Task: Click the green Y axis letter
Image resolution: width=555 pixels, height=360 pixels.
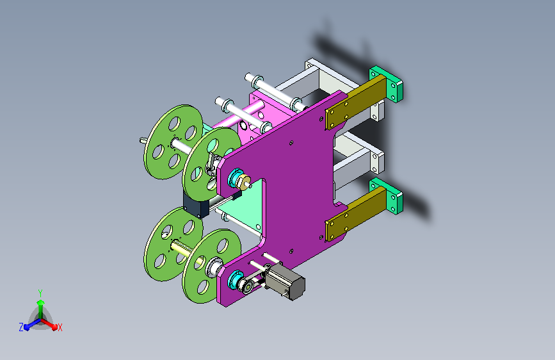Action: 40,293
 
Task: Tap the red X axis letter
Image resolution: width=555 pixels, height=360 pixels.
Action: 60,327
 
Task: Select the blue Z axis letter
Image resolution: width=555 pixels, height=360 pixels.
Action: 21,327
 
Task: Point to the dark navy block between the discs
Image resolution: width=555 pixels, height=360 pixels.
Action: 195,206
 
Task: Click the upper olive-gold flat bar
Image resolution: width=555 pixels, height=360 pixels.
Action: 355,102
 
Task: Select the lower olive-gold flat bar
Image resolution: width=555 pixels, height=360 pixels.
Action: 355,214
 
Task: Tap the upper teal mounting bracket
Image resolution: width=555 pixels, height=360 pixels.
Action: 387,84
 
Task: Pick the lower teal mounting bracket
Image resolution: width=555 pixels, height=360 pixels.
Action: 387,196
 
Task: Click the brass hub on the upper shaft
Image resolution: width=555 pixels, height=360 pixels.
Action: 244,181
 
